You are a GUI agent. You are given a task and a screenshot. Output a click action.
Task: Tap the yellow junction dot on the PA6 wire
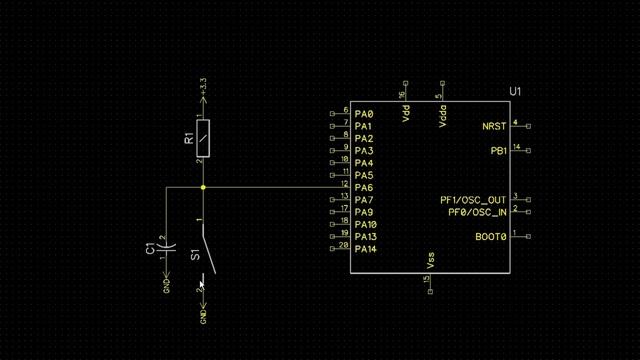pyautogui.click(x=203, y=187)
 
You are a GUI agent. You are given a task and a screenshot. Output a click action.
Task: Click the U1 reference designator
pyautogui.click(x=515, y=92)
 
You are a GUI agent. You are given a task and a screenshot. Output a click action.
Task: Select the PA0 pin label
pyautogui.click(x=364, y=115)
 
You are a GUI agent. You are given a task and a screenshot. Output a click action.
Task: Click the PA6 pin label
pyautogui.click(x=364, y=188)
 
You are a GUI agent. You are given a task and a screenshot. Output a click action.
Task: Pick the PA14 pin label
pyautogui.click(x=367, y=249)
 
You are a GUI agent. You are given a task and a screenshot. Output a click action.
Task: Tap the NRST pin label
pyautogui.click(x=494, y=127)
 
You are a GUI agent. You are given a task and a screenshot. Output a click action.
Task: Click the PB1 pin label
pyautogui.click(x=498, y=151)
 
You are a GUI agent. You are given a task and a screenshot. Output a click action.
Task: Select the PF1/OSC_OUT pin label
pyautogui.click(x=473, y=200)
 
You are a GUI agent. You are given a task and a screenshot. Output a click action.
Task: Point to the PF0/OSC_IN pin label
pyautogui.click(x=476, y=212)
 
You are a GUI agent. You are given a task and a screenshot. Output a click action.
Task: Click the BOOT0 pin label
pyautogui.click(x=491, y=237)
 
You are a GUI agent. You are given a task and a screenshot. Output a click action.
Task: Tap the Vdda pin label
pyautogui.click(x=442, y=114)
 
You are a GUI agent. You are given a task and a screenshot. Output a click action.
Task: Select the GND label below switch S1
pyautogui.click(x=203, y=316)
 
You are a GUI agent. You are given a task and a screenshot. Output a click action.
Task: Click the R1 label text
pyautogui.click(x=188, y=136)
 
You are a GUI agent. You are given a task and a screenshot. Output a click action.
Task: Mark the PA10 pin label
pyautogui.click(x=367, y=225)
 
